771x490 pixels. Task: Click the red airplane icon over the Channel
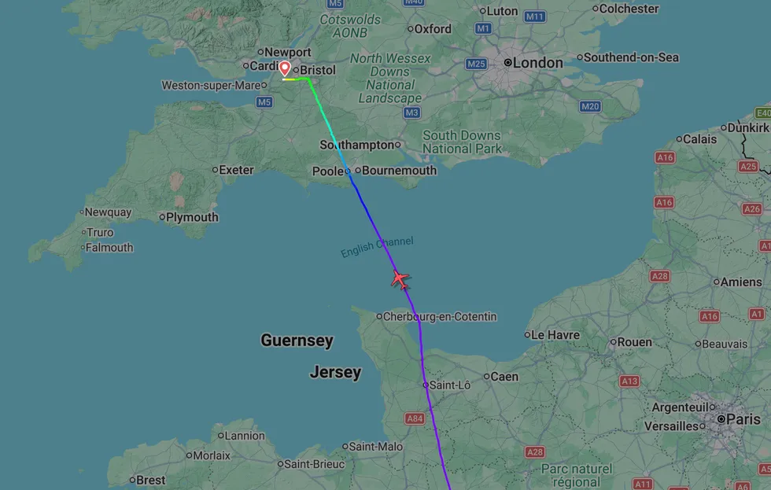400,278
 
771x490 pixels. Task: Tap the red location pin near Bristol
285,69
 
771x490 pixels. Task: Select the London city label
538,63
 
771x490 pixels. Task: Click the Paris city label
743,419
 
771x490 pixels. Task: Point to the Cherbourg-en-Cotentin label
439,317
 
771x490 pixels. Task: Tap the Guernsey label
297,341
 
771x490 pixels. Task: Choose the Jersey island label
335,372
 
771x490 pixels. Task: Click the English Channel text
377,247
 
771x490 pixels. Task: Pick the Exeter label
236,169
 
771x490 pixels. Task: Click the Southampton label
356,145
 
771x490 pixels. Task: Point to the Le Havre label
555,335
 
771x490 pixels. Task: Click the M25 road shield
476,64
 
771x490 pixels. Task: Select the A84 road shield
415,418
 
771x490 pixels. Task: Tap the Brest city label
150,480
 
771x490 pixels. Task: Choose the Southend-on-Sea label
631,57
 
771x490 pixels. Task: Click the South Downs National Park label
462,142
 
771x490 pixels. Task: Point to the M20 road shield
590,106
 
